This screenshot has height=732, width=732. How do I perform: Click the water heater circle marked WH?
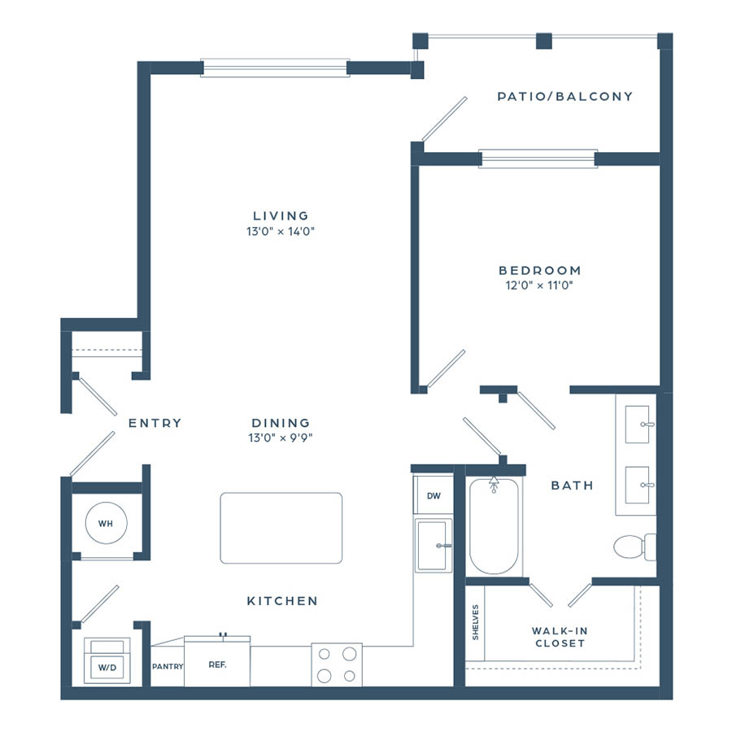[107, 523]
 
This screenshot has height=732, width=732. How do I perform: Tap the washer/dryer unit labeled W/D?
[107, 660]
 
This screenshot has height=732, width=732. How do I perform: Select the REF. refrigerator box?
[217, 661]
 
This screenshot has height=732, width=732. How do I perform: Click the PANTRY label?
[168, 666]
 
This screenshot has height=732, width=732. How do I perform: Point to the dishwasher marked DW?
[434, 495]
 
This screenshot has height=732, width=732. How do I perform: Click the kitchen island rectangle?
[281, 528]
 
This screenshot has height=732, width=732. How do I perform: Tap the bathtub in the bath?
[494, 526]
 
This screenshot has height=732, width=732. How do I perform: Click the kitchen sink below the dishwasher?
[434, 545]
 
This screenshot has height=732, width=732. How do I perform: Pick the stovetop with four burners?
[337, 664]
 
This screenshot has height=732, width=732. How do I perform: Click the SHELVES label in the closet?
[475, 622]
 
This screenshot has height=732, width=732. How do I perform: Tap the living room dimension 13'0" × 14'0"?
[281, 231]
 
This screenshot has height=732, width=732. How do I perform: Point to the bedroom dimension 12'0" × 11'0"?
[539, 285]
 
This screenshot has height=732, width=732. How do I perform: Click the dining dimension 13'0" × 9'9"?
[281, 438]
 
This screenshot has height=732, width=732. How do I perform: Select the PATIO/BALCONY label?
[565, 97]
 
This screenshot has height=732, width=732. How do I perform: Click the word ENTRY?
[155, 423]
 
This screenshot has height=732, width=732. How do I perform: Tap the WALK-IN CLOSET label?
[560, 637]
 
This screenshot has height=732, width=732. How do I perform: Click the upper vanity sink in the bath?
[637, 424]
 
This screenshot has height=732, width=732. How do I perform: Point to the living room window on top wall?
[275, 68]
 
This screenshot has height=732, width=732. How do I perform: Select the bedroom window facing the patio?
[538, 159]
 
